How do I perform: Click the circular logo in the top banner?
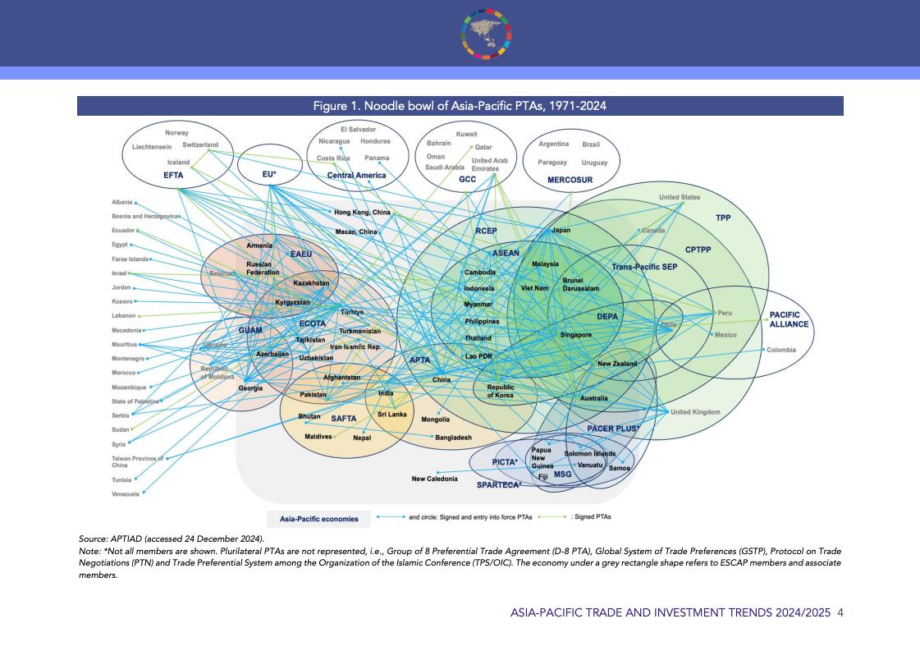pyautogui.click(x=487, y=33)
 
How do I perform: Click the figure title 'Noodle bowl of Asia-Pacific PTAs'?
pyautogui.click(x=460, y=106)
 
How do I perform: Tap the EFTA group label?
pyautogui.click(x=173, y=175)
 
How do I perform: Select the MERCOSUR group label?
pyautogui.click(x=570, y=179)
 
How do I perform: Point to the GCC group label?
pyautogui.click(x=467, y=178)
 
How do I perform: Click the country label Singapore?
pyautogui.click(x=576, y=335)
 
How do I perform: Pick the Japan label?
pyautogui.click(x=561, y=231)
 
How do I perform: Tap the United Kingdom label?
pyautogui.click(x=695, y=412)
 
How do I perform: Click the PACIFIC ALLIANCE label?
pyautogui.click(x=789, y=319)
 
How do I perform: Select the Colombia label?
pyautogui.click(x=780, y=351)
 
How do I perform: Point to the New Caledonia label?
pyautogui.click(x=435, y=479)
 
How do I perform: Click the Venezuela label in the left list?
pyautogui.click(x=126, y=494)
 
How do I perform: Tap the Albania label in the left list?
pyautogui.click(x=121, y=202)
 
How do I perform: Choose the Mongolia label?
pyautogui.click(x=435, y=419)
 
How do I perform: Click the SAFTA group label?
pyautogui.click(x=343, y=419)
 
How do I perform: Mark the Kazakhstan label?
pyautogui.click(x=311, y=283)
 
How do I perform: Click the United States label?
pyautogui.click(x=680, y=197)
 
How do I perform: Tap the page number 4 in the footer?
pyautogui.click(x=840, y=612)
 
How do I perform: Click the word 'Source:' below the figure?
pyautogui.click(x=92, y=539)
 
